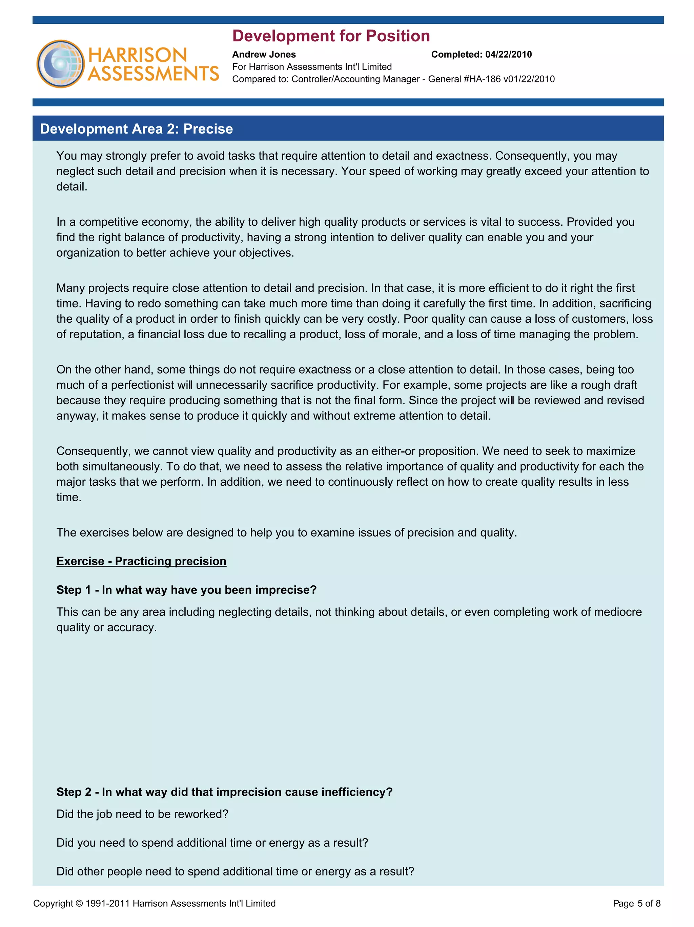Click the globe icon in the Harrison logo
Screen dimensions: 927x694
60,64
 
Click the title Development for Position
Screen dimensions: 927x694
331,36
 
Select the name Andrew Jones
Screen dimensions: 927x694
264,55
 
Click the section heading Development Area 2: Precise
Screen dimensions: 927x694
136,129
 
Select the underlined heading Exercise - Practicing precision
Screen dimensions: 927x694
141,561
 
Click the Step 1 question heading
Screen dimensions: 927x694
186,590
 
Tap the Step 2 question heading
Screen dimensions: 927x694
224,792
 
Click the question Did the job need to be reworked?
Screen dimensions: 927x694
142,814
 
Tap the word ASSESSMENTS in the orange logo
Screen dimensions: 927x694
154,74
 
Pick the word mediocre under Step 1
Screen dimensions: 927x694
617,612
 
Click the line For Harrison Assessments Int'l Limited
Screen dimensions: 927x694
312,67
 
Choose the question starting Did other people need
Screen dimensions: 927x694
235,871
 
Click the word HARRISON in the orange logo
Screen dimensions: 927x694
138,55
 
